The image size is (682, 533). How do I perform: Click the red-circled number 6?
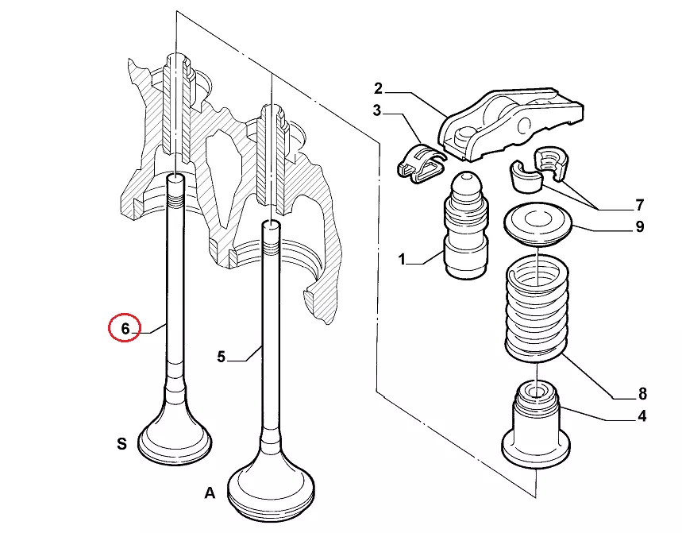point(124,327)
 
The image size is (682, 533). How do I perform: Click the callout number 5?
point(222,357)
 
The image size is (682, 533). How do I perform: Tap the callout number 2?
point(378,87)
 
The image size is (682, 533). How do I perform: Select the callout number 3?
point(377,110)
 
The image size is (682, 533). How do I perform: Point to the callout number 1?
point(402,259)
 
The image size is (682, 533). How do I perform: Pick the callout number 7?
point(640,205)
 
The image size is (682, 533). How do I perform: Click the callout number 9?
point(640,227)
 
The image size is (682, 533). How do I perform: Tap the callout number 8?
point(642,394)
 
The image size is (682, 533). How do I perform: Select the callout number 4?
point(642,415)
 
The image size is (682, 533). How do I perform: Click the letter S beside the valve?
point(121,444)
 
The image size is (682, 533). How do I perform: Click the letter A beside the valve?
point(210,493)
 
